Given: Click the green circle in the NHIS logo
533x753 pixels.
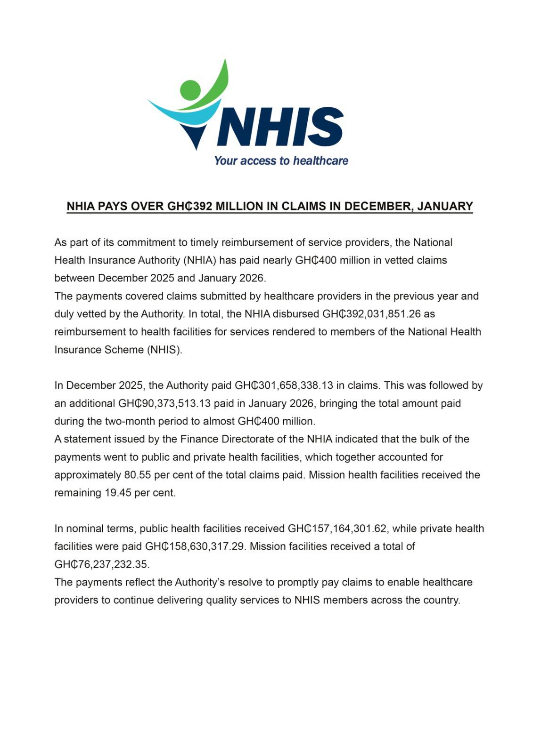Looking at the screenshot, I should pyautogui.click(x=190, y=90).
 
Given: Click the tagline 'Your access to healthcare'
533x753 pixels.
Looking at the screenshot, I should pyautogui.click(x=281, y=161).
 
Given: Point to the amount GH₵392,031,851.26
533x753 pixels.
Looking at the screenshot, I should pyautogui.click(x=371, y=314).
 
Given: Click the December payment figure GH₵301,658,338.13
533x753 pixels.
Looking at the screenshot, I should pyautogui.click(x=284, y=385).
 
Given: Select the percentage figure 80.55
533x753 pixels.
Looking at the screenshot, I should pyautogui.click(x=138, y=475).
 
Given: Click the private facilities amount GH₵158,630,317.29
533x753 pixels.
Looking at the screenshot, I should pyautogui.click(x=195, y=546).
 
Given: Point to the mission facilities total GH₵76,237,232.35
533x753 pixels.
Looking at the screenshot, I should pyautogui.click(x=101, y=564).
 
